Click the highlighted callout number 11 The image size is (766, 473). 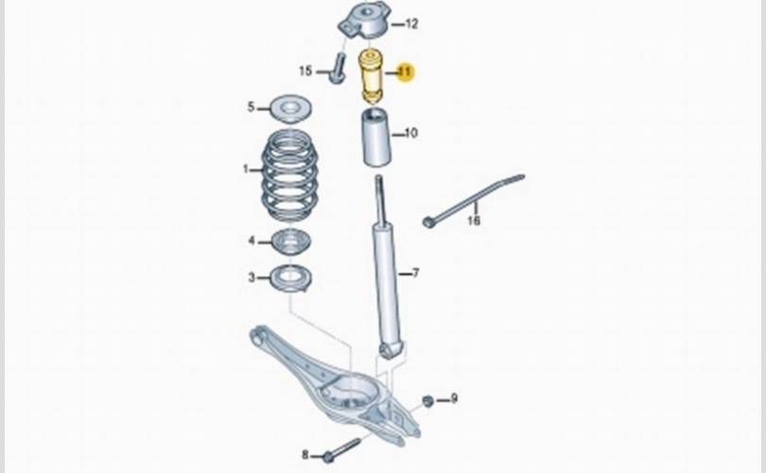click(x=405, y=73)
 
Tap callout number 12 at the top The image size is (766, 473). click(x=411, y=24)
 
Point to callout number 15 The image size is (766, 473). click(x=305, y=71)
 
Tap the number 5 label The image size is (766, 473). click(x=252, y=107)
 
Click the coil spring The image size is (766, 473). click(x=289, y=176)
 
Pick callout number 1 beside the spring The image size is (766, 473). click(x=246, y=170)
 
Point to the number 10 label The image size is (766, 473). click(x=410, y=133)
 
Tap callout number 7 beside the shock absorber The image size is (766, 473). click(x=415, y=274)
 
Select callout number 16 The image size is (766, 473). click(x=474, y=220)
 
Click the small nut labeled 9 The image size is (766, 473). click(x=427, y=401)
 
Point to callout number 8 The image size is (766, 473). click(x=305, y=454)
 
